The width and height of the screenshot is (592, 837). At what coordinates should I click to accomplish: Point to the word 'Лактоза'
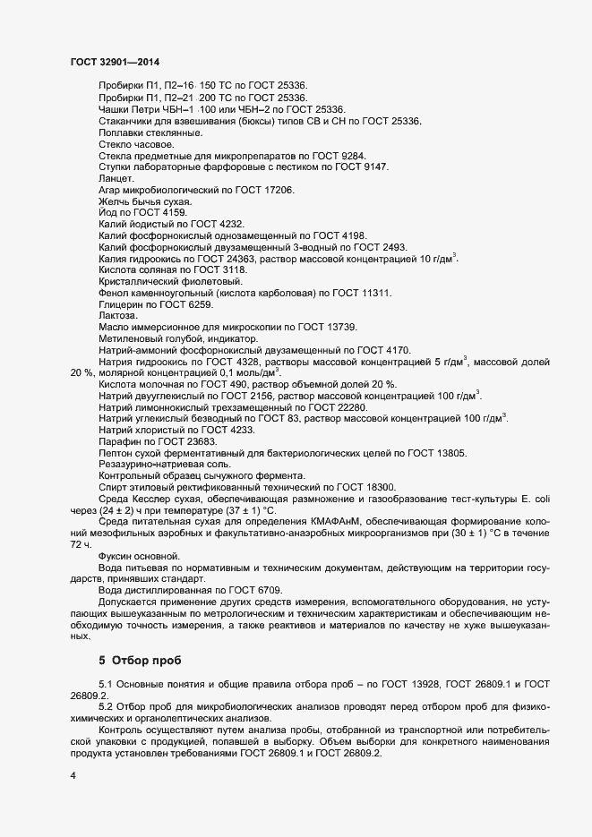(118, 317)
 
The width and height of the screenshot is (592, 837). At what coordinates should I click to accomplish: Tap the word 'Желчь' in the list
(115, 201)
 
